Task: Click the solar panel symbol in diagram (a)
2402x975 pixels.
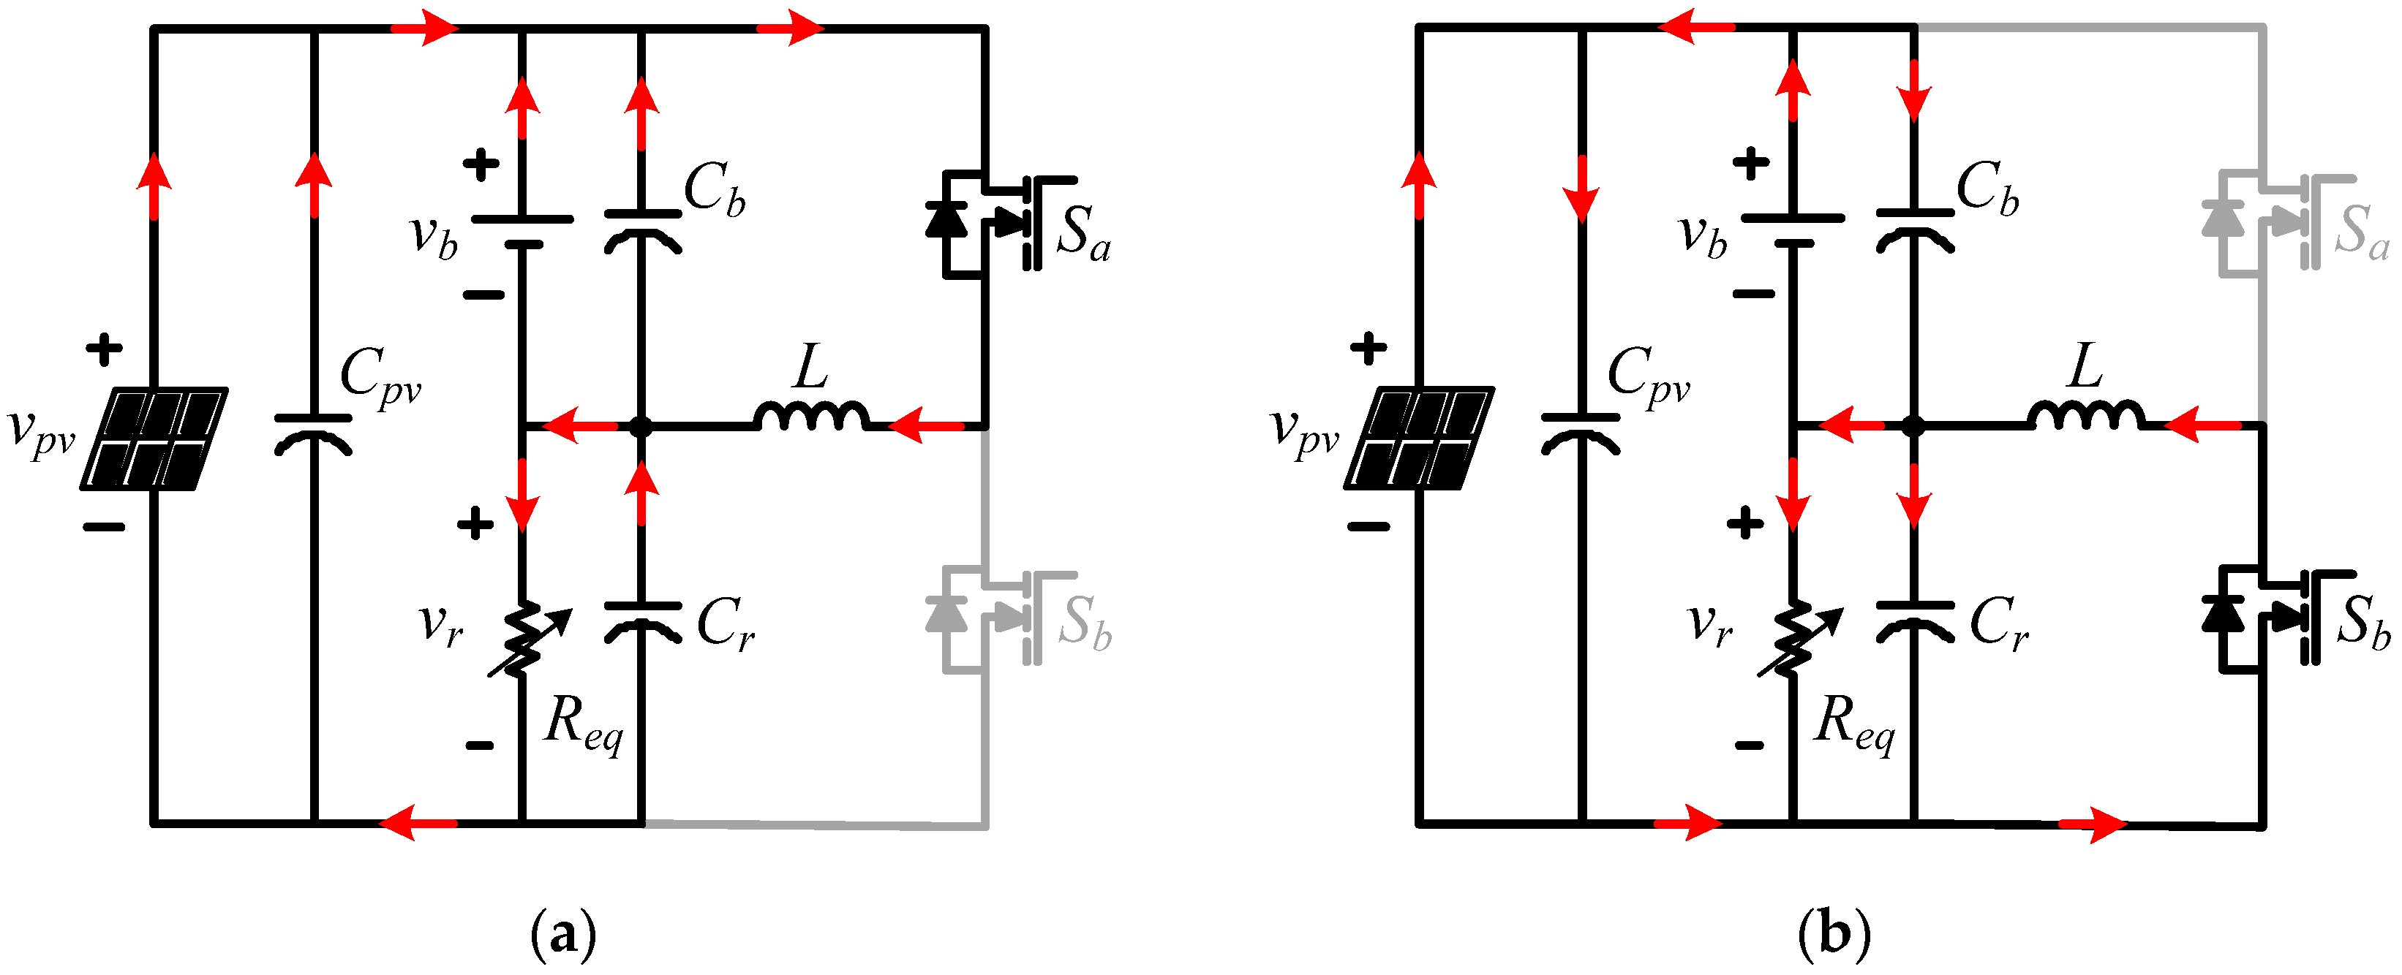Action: tap(154, 438)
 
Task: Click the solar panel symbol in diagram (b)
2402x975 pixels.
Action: tap(1418, 438)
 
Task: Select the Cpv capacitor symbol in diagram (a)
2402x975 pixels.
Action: tap(313, 434)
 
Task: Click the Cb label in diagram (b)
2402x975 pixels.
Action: tap(1986, 189)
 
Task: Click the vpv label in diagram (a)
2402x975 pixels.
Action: tap(41, 433)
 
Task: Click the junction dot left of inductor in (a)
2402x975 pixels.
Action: tap(641, 427)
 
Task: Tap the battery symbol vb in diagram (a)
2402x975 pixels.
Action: tap(522, 231)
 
